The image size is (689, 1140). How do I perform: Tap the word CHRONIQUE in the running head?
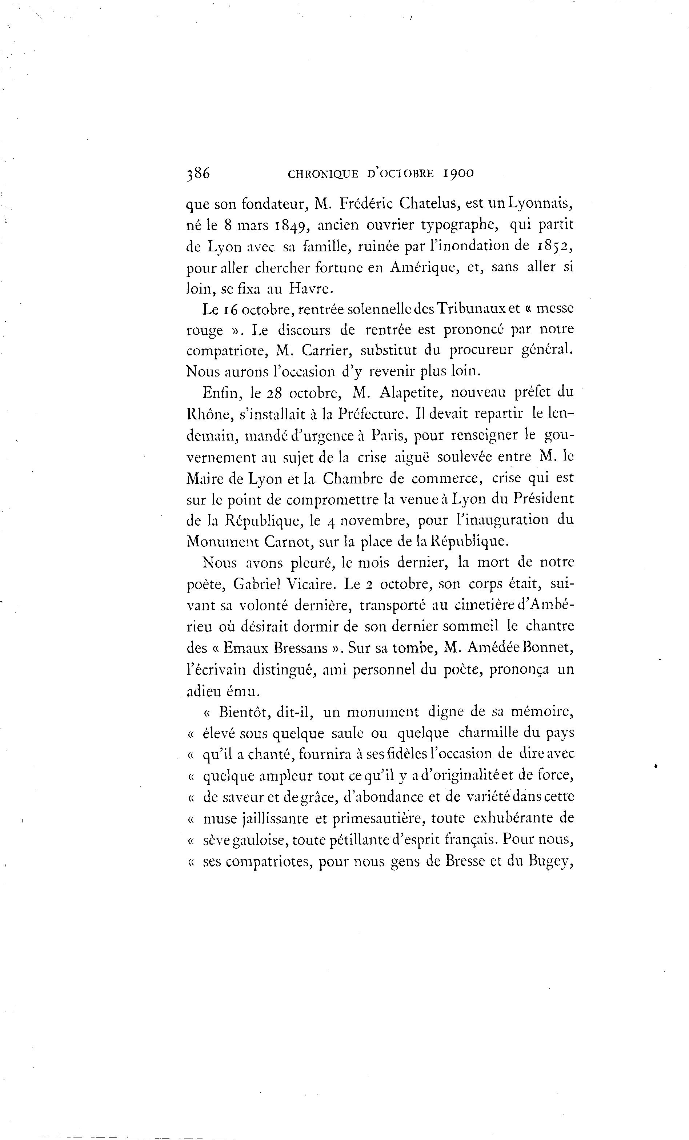point(323,174)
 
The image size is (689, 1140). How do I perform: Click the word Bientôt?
point(244,711)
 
